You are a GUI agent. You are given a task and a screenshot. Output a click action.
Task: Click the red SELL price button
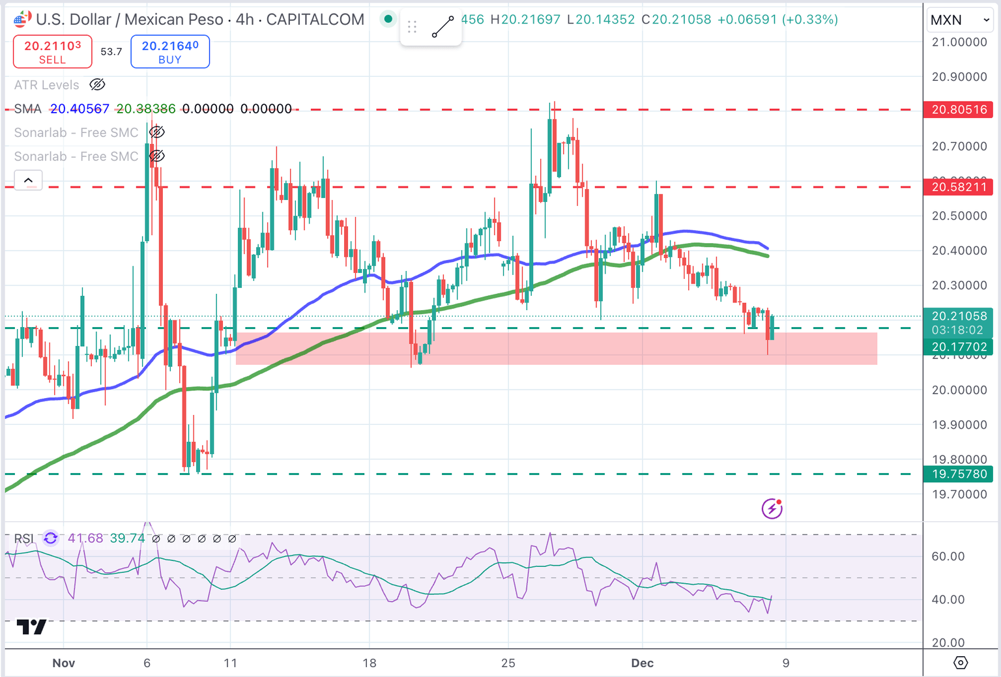(53, 51)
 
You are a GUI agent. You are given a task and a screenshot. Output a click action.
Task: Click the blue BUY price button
(170, 51)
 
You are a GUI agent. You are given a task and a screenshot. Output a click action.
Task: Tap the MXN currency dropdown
(959, 20)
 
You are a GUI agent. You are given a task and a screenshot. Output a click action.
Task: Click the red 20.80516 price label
(959, 109)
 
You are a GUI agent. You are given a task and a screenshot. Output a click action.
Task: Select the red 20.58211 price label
(959, 188)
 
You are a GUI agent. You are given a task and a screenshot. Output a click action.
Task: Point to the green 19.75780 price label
(959, 474)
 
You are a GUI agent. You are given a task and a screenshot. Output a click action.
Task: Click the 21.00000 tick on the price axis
(959, 42)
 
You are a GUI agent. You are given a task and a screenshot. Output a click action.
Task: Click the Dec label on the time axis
(642, 663)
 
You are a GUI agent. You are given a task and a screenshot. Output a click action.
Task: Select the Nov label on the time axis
(64, 663)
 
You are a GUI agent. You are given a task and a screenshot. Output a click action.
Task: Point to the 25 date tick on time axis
(508, 663)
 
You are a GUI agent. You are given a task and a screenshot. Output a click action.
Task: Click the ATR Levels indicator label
(47, 85)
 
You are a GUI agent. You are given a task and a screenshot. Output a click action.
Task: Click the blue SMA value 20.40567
(80, 109)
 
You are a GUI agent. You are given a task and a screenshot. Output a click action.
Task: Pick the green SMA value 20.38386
(146, 109)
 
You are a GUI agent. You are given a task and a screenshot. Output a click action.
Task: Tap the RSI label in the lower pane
(24, 539)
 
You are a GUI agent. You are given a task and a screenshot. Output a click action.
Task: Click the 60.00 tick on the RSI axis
(948, 556)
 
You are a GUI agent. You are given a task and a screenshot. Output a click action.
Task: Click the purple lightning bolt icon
(772, 508)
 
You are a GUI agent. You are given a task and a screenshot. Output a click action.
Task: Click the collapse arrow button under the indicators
(29, 180)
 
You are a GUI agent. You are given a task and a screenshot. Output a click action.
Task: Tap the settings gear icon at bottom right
(961, 663)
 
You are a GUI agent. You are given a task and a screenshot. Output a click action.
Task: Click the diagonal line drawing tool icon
(443, 27)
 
